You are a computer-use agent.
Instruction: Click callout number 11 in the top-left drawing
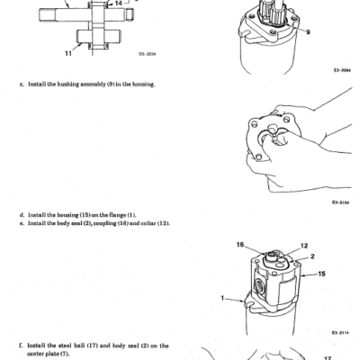click(x=68, y=53)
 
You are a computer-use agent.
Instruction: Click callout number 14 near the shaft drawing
click(x=119, y=3)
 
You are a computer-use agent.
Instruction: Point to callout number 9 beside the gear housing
click(x=308, y=32)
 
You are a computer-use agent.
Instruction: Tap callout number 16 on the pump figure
click(x=240, y=245)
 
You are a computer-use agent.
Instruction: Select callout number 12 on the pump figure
click(x=304, y=246)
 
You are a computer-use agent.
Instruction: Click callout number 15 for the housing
click(x=321, y=274)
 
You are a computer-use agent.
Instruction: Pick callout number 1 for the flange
click(x=222, y=298)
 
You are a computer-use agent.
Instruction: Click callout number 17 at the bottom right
click(x=328, y=358)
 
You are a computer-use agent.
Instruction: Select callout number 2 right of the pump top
click(x=312, y=256)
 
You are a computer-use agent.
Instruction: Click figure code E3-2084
click(x=342, y=70)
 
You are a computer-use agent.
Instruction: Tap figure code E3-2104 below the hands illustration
click(x=340, y=202)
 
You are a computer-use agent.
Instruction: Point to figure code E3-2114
click(x=340, y=333)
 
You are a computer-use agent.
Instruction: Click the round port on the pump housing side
click(x=258, y=285)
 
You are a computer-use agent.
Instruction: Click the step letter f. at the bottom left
click(x=22, y=346)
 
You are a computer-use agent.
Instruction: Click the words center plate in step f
click(x=44, y=354)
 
